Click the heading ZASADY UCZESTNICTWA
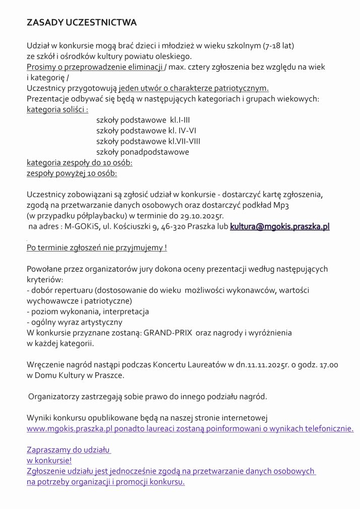coord(82,23)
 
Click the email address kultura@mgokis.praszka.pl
coord(280,227)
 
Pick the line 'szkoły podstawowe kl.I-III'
coord(143,120)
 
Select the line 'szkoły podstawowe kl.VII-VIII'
coord(148,141)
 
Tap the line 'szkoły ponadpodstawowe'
coord(142,152)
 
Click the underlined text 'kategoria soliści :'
coord(57,109)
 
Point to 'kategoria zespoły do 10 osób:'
coord(80,163)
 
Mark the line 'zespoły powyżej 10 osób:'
coord(72,173)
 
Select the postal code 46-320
coord(174,227)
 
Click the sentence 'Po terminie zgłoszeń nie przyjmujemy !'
coord(97,247)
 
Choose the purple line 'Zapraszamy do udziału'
coord(68,450)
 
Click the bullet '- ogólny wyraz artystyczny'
coord(75,322)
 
